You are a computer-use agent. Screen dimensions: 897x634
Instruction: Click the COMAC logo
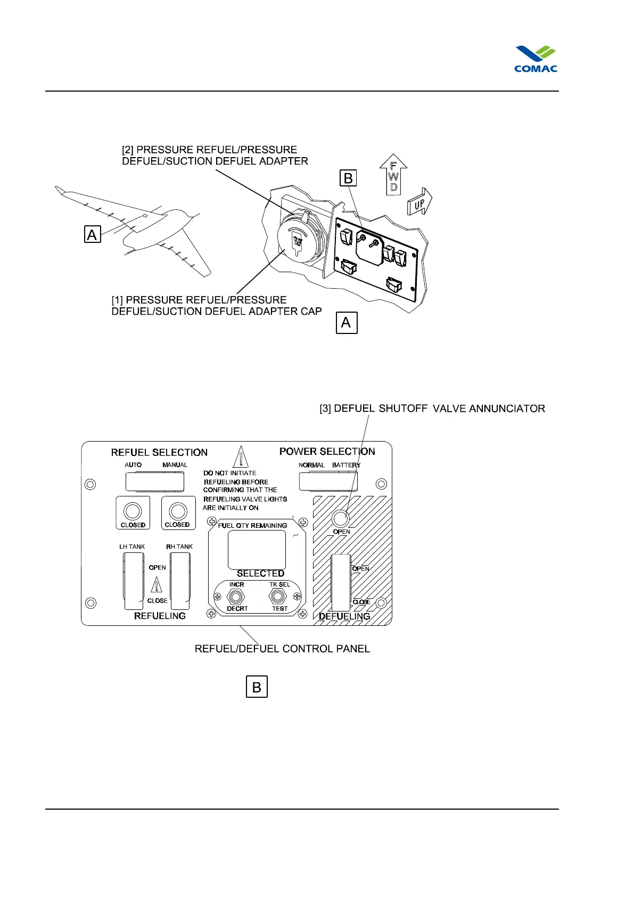536,59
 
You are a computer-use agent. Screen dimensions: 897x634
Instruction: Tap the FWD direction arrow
393,174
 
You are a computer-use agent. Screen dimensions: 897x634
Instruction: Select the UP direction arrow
419,202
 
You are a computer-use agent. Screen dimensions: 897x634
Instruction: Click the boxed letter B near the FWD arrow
348,178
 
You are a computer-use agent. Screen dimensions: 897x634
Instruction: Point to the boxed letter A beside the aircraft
92,234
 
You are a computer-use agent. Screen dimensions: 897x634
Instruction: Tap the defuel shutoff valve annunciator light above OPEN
340,518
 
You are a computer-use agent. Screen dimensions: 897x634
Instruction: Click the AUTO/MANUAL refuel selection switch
154,482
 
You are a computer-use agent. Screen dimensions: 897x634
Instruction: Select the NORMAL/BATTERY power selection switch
328,482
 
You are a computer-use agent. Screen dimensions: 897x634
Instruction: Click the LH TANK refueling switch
133,581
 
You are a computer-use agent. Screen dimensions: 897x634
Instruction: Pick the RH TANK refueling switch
180,581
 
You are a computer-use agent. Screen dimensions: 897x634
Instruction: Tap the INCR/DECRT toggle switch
236,597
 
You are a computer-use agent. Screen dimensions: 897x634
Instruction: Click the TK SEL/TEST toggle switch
278,597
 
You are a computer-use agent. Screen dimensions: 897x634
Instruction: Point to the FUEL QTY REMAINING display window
257,550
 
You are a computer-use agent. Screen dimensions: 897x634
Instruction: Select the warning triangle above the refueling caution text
241,456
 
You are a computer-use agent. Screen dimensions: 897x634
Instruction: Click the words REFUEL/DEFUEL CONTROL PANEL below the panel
282,649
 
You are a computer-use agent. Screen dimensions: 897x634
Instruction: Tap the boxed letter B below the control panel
257,687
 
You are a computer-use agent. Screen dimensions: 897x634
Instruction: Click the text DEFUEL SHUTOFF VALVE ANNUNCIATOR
432,409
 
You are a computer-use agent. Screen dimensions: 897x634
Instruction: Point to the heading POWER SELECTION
327,451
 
